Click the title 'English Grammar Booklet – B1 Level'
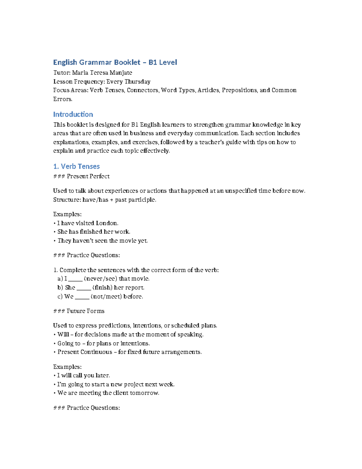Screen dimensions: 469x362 (x=115, y=62)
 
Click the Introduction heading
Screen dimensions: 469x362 (x=73, y=114)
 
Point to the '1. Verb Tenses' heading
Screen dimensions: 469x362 (x=76, y=166)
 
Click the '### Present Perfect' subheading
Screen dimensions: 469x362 (x=81, y=176)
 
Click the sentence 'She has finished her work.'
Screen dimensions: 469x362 (x=94, y=232)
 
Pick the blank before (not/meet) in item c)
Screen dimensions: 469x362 (x=82, y=297)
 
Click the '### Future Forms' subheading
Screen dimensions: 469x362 (x=79, y=311)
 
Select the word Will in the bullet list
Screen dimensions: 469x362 (x=63, y=334)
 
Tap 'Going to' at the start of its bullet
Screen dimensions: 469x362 (x=69, y=343)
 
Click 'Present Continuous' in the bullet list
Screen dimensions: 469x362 (x=85, y=352)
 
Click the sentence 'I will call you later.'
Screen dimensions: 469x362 (x=83, y=375)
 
